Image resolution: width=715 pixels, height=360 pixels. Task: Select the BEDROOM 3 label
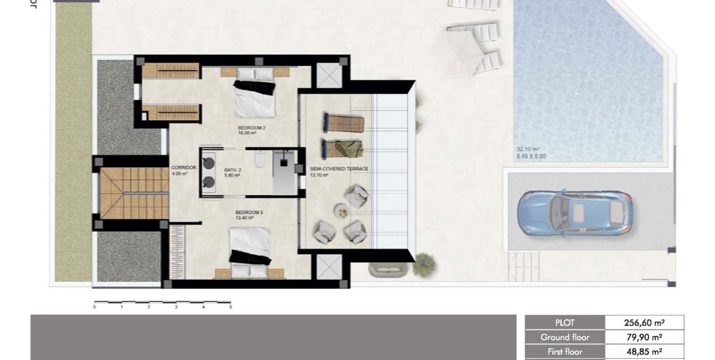click(x=244, y=212)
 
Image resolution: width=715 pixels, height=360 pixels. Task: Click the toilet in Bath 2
click(x=258, y=160)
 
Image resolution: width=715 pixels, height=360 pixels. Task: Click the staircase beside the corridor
click(x=133, y=193)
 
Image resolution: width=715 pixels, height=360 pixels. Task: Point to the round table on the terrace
click(x=340, y=210)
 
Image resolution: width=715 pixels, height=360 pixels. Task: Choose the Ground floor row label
click(x=565, y=337)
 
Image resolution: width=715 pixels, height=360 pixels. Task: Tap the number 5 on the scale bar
click(x=230, y=307)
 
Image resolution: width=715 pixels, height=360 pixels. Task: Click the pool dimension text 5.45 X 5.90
click(x=531, y=157)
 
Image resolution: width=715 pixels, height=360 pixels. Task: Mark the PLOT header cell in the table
click(x=565, y=323)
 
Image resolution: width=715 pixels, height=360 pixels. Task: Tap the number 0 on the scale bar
click(x=95, y=307)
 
